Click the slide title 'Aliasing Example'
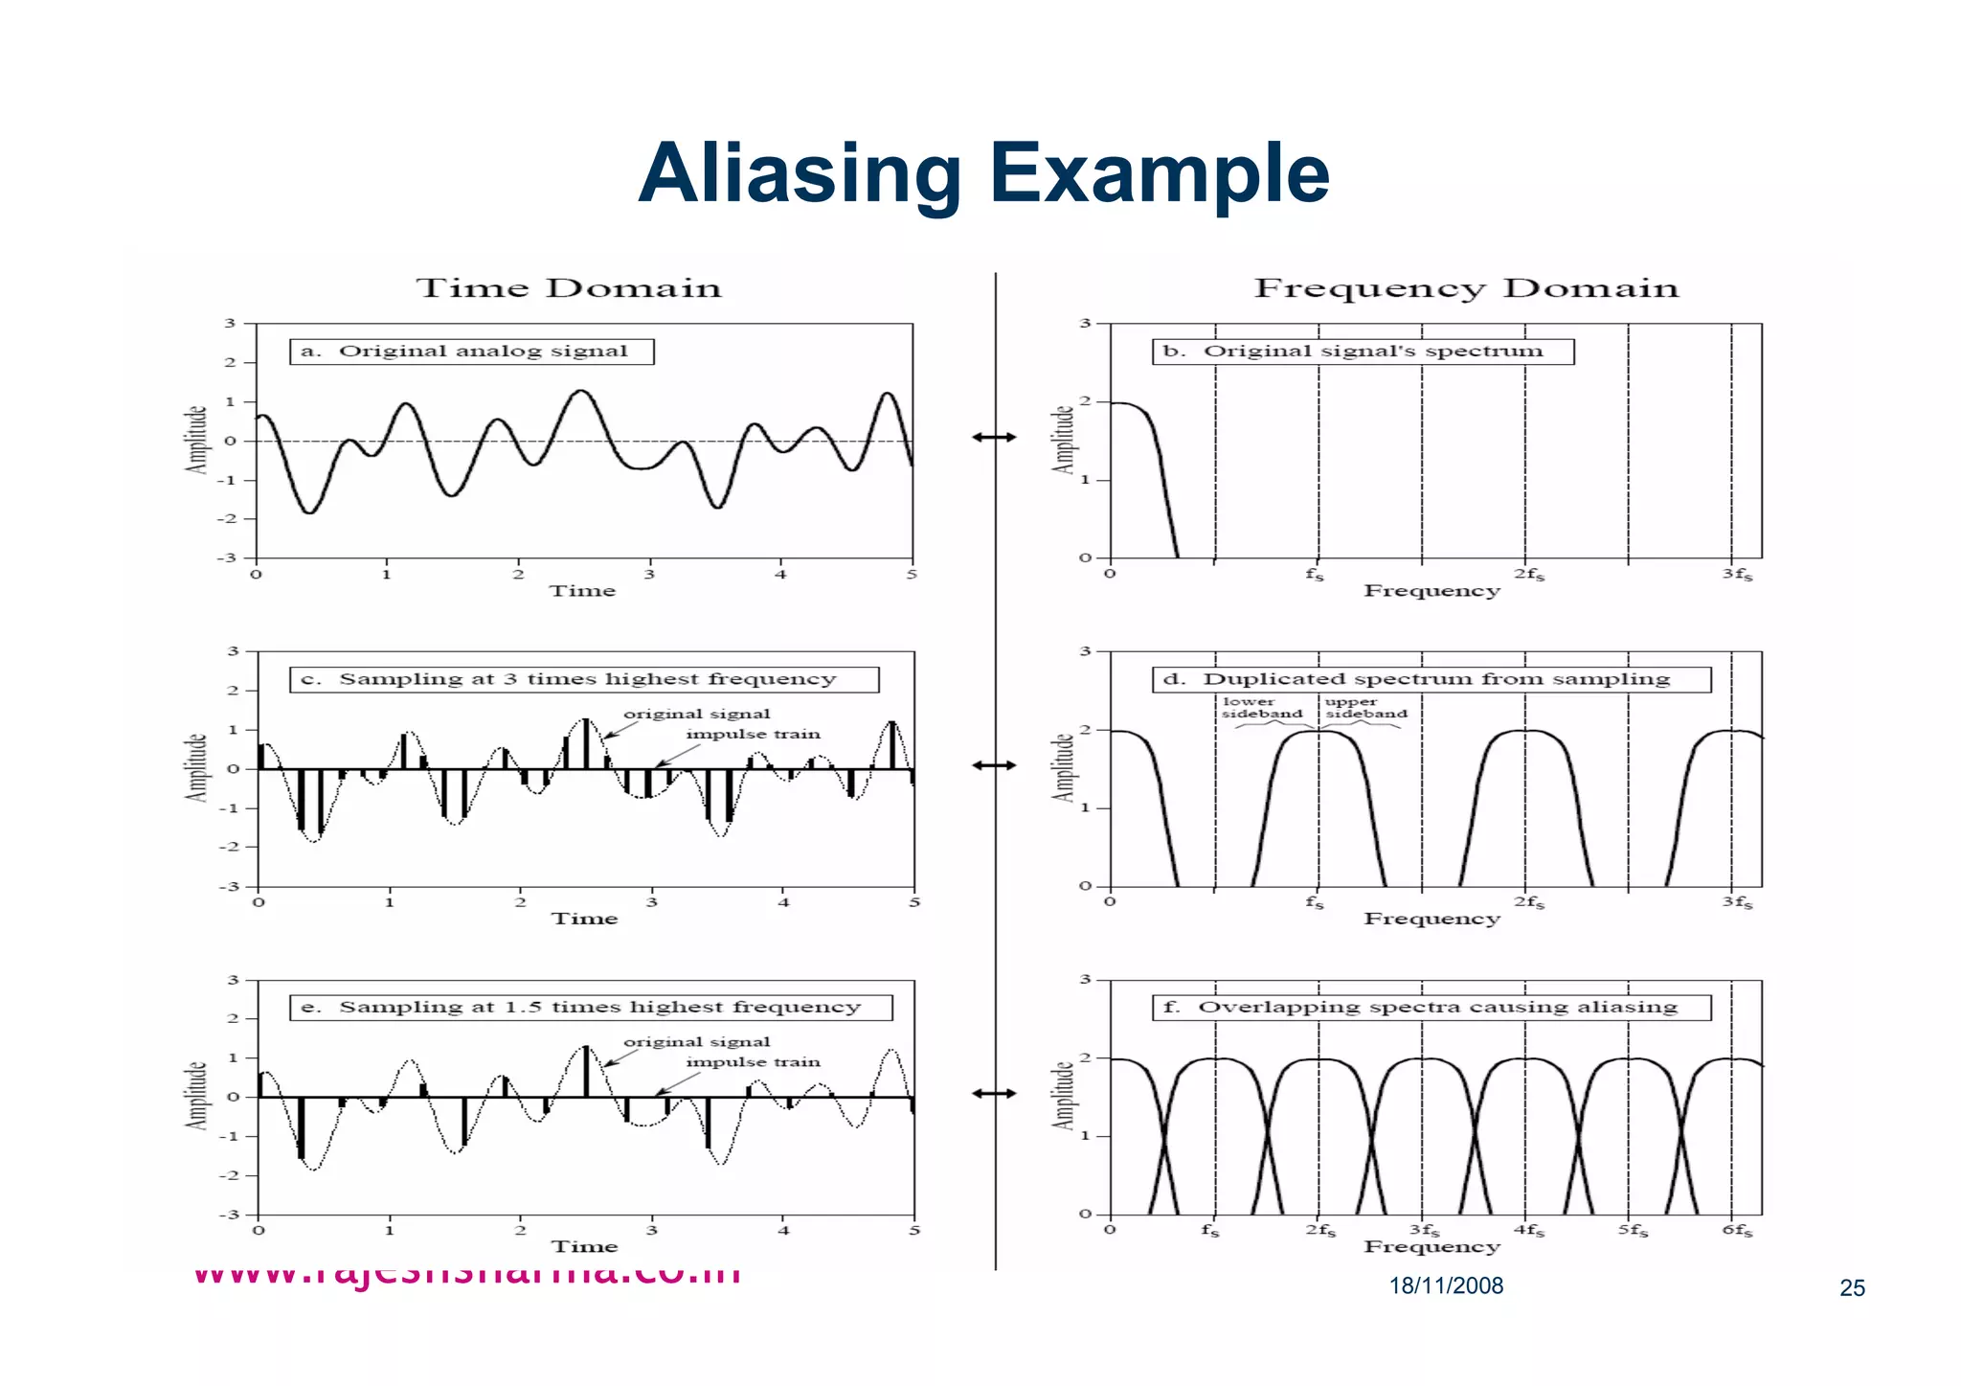click(983, 173)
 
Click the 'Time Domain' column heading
click(568, 288)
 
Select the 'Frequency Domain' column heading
click(1466, 288)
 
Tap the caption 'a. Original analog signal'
click(471, 352)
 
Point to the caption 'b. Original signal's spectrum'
click(1362, 352)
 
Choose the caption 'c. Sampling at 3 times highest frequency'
click(584, 679)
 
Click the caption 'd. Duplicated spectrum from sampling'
click(1431, 679)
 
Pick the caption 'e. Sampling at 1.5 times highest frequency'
click(591, 1008)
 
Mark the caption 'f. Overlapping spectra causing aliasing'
click(1431, 1008)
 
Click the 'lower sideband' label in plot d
click(1261, 708)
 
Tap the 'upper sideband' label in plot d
click(1365, 708)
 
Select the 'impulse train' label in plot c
click(753, 735)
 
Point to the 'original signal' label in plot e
click(696, 1042)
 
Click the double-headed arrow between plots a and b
click(994, 438)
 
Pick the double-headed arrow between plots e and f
click(994, 1093)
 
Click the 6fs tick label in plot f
click(1737, 1230)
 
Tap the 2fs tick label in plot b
click(1528, 575)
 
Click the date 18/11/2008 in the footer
click(1446, 1286)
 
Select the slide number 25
click(1852, 1288)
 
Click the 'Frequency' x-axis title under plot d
click(1431, 919)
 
